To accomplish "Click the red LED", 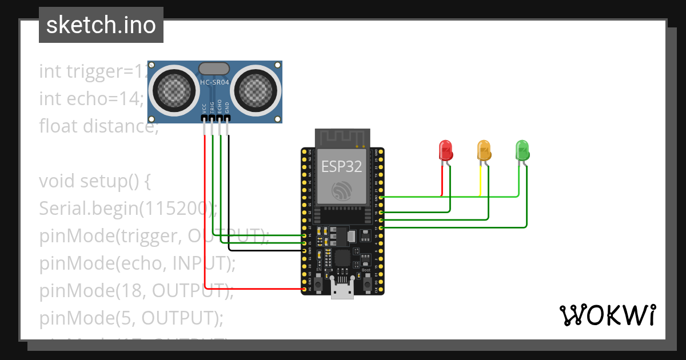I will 445,150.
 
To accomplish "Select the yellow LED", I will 484,150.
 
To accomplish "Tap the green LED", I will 522,150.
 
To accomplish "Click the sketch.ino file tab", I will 101,25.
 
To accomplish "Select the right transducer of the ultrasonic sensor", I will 256,89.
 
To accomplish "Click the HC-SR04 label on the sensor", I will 214,83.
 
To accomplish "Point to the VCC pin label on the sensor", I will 204,107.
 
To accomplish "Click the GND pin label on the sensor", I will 228,107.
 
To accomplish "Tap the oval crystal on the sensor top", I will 214,69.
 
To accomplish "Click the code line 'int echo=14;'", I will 91,98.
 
